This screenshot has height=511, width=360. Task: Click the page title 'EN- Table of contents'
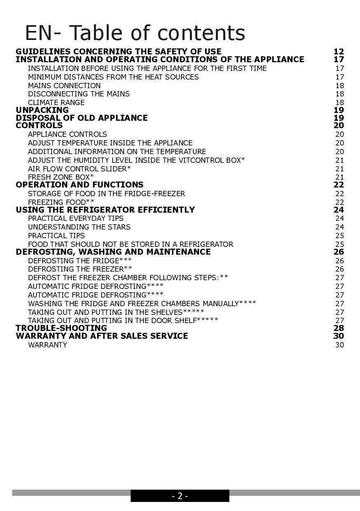(x=135, y=33)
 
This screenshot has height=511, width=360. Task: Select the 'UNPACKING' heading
(x=42, y=110)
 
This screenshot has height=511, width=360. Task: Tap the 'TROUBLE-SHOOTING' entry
(x=61, y=328)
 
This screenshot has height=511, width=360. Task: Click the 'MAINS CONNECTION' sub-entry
(x=64, y=86)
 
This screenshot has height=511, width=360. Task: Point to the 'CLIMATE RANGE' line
(x=56, y=103)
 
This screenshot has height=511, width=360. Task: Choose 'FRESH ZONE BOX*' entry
(x=61, y=177)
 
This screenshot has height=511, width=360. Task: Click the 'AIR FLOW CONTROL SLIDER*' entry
(x=79, y=169)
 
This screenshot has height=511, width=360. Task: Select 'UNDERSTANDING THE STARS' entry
(x=79, y=227)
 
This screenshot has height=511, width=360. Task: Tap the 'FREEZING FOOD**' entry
(x=61, y=202)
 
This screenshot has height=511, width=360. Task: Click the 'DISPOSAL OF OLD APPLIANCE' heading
(x=82, y=118)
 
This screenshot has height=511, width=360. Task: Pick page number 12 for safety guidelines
(x=339, y=52)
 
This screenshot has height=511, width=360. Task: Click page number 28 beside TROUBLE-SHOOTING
(x=339, y=328)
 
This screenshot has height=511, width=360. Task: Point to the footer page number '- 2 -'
(x=180, y=496)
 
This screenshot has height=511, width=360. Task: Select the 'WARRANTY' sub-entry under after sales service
(x=47, y=345)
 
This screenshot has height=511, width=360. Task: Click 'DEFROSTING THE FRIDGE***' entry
(x=80, y=261)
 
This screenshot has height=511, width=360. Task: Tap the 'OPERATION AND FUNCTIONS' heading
(x=79, y=185)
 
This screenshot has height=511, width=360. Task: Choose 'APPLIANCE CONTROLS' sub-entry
(x=67, y=134)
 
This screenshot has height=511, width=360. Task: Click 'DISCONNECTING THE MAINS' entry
(x=79, y=94)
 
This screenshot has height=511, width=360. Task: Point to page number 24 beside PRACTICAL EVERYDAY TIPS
(x=339, y=218)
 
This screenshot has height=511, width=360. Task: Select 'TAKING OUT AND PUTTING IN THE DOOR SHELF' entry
(x=123, y=320)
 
